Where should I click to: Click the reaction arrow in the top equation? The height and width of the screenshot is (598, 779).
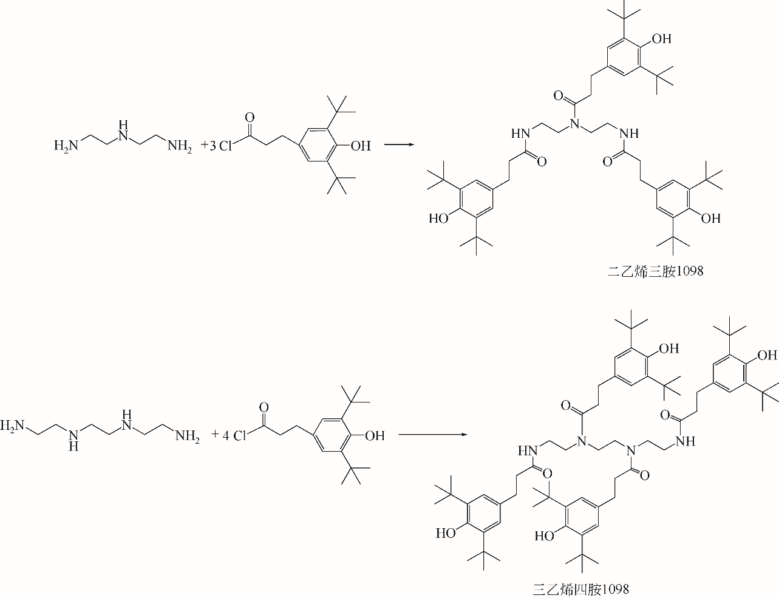tap(399, 145)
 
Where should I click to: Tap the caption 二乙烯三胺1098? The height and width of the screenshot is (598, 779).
tap(655, 271)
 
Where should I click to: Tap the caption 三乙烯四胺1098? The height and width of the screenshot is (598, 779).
tap(580, 589)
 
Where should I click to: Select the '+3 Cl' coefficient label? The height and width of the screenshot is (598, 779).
tap(216, 146)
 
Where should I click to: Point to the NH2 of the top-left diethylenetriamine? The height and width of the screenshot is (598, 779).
tap(179, 146)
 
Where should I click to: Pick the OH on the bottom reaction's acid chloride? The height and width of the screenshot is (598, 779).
tap(375, 435)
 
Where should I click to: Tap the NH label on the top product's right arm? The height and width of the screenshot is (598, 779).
tap(630, 132)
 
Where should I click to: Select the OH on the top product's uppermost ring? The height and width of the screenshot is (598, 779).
tap(661, 39)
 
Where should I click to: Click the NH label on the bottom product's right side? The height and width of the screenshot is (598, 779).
tap(684, 441)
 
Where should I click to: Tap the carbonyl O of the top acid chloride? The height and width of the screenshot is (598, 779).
tap(248, 115)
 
